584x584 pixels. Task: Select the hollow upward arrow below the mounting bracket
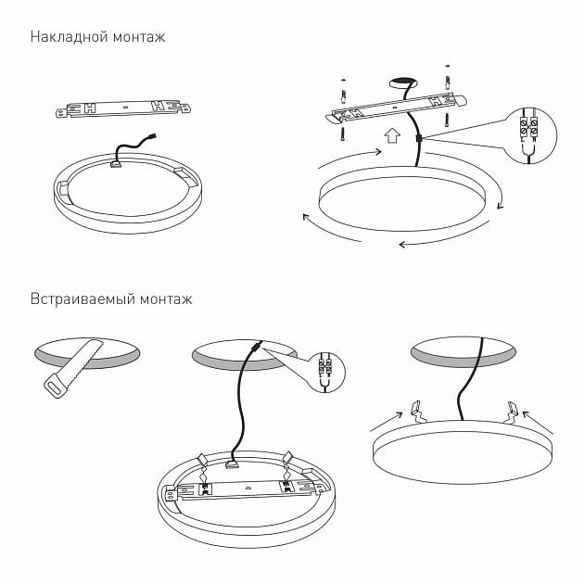pos(391,138)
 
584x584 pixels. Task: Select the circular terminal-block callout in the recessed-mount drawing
pos(322,372)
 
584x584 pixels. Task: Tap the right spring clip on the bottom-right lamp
pos(510,409)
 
